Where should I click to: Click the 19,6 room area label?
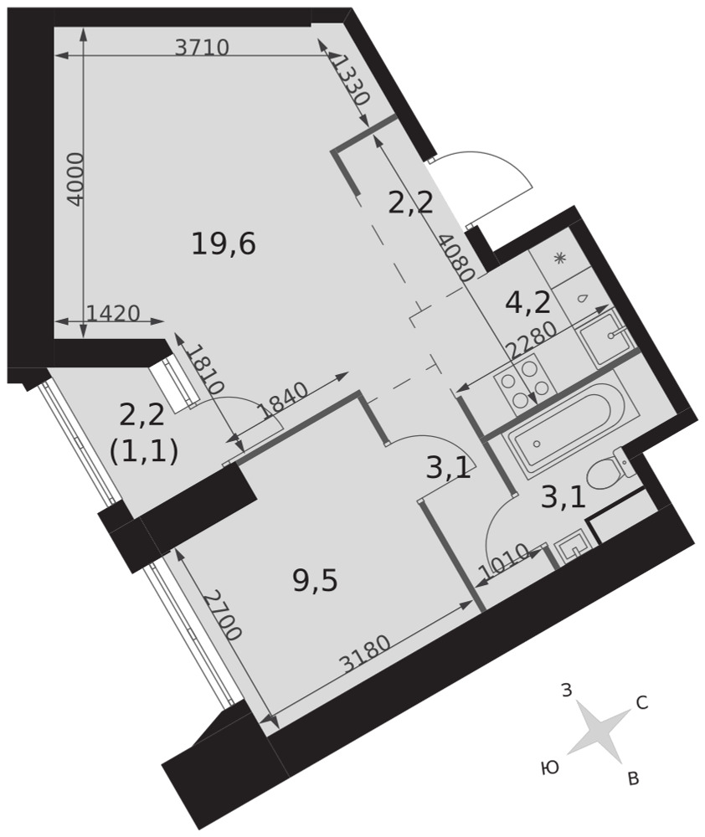[224, 244]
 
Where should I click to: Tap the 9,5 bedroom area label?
[316, 580]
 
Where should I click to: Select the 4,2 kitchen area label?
[527, 303]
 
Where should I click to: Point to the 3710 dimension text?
[203, 48]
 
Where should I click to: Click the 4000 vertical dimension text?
[76, 179]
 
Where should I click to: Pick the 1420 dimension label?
[113, 313]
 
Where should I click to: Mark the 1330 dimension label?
[350, 80]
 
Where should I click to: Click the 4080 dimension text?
[455, 259]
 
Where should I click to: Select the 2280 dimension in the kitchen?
[532, 341]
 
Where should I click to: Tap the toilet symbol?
[609, 470]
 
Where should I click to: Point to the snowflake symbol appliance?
[559, 259]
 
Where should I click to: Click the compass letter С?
[642, 703]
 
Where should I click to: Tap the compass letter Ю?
[549, 768]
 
